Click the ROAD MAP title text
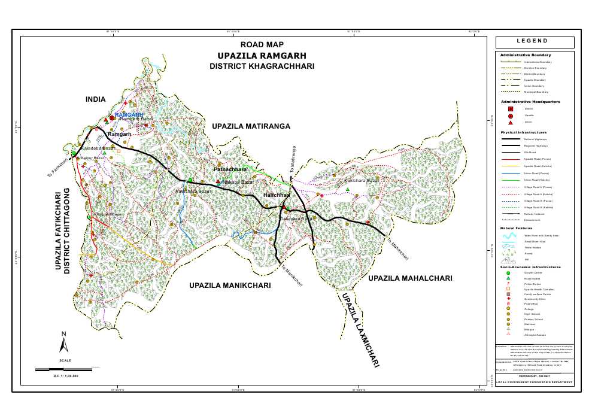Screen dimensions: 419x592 pos(262,45)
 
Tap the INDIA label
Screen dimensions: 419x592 pos(96,99)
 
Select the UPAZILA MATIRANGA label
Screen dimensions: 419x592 pos(251,127)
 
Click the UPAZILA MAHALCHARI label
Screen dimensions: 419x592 pos(409,279)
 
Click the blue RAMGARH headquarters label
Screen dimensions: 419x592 pos(129,114)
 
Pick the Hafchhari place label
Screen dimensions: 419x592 pos(277,195)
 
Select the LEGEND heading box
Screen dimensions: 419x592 pos(535,42)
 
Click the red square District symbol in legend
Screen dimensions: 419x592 pos(511,108)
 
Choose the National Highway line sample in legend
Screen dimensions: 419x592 pos(511,139)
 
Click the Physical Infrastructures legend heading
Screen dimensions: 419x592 pos(524,132)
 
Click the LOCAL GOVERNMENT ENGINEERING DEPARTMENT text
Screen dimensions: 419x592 pos(535,382)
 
